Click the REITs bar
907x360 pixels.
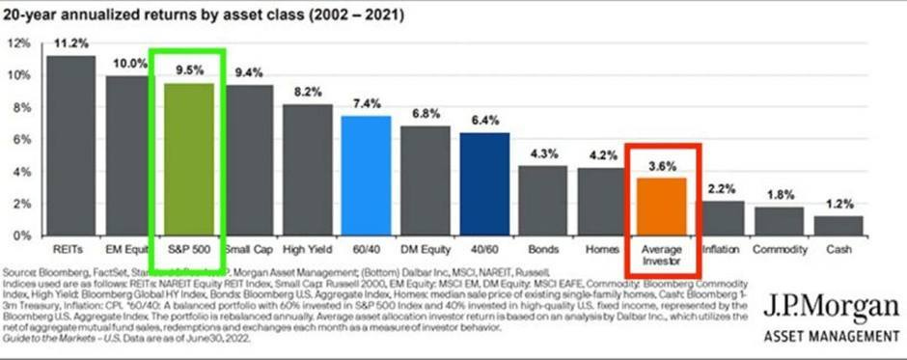tap(70, 145)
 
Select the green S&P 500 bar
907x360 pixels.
tap(188, 158)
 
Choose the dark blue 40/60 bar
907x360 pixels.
tap(484, 183)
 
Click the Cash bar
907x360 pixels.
tap(838, 225)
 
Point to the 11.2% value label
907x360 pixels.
tap(70, 44)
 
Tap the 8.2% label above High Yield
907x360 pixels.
tap(307, 93)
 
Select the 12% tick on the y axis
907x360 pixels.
tap(19, 43)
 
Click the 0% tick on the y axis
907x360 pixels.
tap(22, 235)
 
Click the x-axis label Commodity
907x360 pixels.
tap(780, 248)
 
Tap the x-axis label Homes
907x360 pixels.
tap(602, 248)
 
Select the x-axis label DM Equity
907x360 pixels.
tap(425, 248)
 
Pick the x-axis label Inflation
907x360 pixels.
tap(720, 248)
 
